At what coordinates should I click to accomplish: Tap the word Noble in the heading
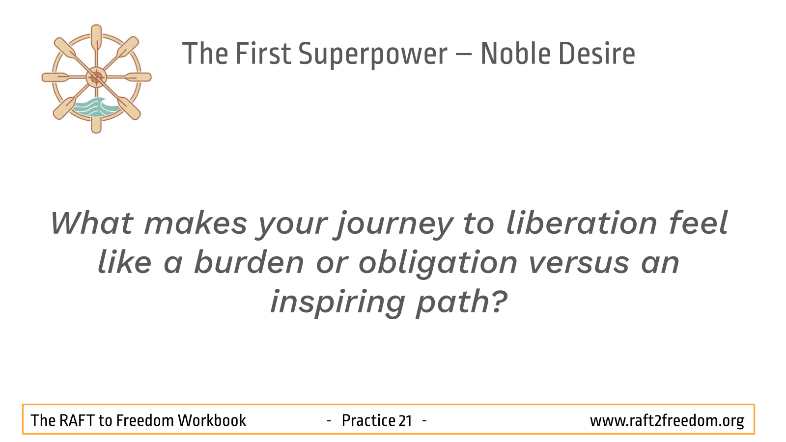point(516,54)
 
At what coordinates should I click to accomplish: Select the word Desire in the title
point(596,54)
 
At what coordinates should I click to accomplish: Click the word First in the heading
point(263,54)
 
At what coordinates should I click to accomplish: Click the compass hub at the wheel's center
point(96,77)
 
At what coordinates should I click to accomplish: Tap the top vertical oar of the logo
point(96,39)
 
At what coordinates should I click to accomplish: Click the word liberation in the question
point(582,222)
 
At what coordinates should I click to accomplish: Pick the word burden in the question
point(249,262)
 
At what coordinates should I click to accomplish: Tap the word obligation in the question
point(438,264)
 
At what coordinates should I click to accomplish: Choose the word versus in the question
point(579,264)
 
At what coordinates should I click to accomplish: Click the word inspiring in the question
point(337,303)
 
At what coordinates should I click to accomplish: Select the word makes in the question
point(196,223)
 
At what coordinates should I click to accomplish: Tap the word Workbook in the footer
point(212,420)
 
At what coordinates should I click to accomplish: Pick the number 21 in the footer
point(405,421)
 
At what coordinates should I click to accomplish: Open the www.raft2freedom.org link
point(667,421)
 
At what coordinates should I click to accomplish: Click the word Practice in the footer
point(368,420)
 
